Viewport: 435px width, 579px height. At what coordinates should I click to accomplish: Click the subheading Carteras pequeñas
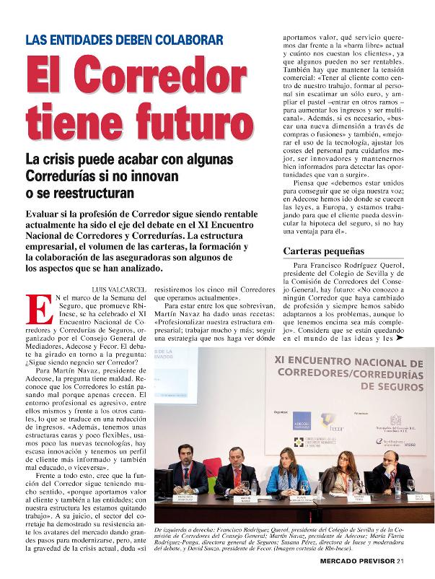[322, 252]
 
